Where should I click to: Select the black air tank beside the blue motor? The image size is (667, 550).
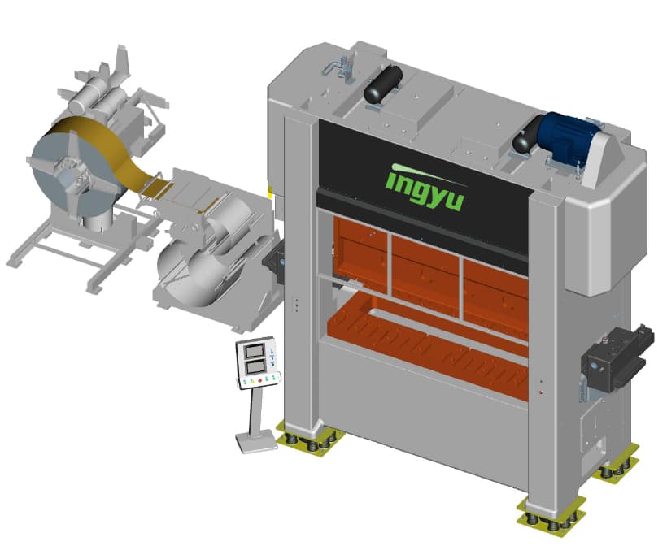pos(527,135)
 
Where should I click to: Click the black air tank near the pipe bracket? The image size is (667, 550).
pos(383,84)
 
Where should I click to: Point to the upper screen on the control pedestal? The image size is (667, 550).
pos(254,351)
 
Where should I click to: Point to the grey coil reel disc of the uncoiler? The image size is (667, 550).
pos(72,173)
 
